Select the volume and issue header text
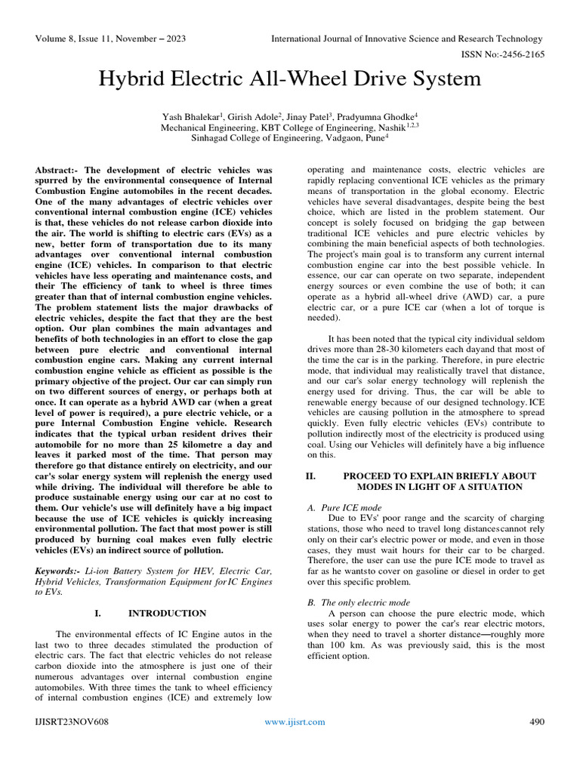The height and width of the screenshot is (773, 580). [111, 38]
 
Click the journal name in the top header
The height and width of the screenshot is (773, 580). [406, 38]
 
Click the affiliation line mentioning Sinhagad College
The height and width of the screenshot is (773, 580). [289, 138]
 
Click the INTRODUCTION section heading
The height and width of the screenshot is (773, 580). [167, 613]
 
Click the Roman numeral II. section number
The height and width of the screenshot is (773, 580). [310, 476]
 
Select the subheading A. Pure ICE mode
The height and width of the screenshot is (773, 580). [344, 508]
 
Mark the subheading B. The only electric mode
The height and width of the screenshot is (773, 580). [359, 602]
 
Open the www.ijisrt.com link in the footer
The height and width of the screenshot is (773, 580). [295, 722]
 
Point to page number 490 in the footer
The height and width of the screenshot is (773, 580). [537, 722]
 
